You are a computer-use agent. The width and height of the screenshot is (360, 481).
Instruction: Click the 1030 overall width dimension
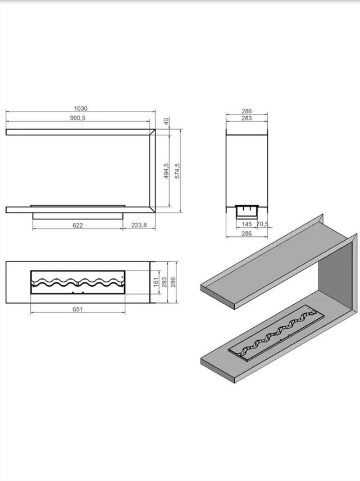pos(81,109)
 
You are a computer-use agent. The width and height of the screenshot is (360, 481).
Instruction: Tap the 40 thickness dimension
pos(166,121)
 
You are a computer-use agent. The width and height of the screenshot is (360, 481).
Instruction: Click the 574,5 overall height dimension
pos(177,171)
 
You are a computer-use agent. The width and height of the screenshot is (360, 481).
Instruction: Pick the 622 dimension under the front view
pos(78,226)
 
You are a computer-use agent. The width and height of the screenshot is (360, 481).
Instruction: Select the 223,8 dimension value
pos(139,226)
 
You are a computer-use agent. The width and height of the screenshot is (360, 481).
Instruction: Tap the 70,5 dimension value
pos(262,225)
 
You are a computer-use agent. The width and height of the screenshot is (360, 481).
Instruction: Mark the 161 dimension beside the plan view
pos(156,283)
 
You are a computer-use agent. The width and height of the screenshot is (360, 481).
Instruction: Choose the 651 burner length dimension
pos(78,309)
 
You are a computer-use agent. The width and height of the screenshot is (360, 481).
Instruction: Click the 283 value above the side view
pos(247,119)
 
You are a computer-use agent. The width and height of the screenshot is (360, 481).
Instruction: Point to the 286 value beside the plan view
pos(174,282)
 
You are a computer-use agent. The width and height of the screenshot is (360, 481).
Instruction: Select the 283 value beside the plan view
pos(165,282)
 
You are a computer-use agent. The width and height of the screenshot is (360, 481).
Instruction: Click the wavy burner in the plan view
pos(78,283)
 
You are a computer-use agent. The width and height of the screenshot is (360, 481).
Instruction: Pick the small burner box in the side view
pos(247,209)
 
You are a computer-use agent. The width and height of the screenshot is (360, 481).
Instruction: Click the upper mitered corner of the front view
pos(152,132)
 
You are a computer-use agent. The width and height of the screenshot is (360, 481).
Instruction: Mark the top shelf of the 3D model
pos(264,261)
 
